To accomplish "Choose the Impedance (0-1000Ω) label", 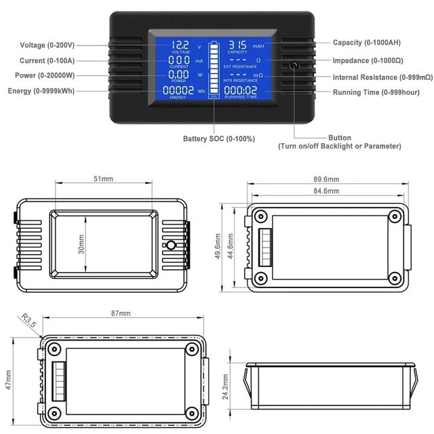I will tap(373, 60).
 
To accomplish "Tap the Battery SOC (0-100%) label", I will tap(219, 138).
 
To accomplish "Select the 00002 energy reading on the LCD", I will tap(179, 90).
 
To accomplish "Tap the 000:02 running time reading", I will tap(240, 90).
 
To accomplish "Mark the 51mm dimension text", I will tap(103, 179).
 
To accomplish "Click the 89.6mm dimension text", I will tap(321, 179).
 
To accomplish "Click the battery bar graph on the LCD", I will tap(214, 68).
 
